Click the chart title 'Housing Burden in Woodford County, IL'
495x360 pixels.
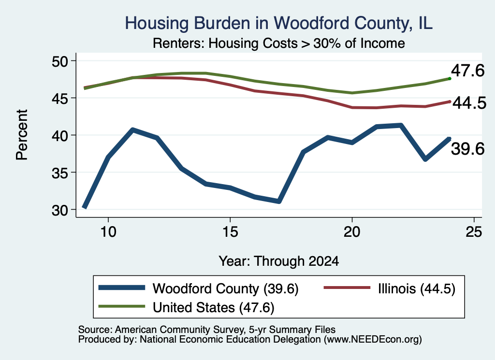point(278,23)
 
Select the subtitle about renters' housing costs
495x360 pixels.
point(279,43)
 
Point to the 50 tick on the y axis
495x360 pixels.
point(60,61)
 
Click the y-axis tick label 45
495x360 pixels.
point(60,98)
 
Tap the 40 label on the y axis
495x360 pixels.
point(60,135)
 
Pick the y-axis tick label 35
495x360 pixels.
point(60,173)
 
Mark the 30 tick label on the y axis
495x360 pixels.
point(60,210)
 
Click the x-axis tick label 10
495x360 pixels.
point(108,232)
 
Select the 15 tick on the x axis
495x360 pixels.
point(230,232)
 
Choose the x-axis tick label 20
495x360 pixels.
point(352,232)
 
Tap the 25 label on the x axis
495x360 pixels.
point(474,232)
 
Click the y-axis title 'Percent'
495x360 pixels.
point(22,135)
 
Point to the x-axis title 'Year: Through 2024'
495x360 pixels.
point(279,261)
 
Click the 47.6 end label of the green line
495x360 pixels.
point(467,71)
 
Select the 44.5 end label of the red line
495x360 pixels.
point(469,103)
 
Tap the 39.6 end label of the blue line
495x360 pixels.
point(467,149)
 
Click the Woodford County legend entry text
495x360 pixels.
point(225,288)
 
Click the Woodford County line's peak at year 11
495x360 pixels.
point(133,130)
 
